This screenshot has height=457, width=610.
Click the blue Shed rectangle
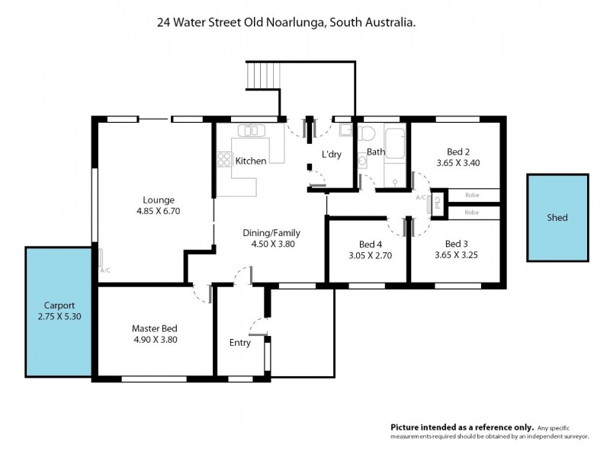[x=557, y=217]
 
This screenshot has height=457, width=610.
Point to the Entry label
[x=239, y=343]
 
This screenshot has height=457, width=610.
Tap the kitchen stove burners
[x=224, y=159]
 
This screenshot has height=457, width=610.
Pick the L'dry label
[x=331, y=155]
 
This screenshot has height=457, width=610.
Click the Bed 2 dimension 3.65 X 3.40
[x=457, y=162]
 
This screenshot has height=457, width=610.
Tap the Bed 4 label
[x=370, y=244]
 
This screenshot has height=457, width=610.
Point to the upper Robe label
[x=471, y=195]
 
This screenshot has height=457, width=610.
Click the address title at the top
[x=286, y=23]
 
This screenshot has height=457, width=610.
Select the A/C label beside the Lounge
[x=104, y=270]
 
